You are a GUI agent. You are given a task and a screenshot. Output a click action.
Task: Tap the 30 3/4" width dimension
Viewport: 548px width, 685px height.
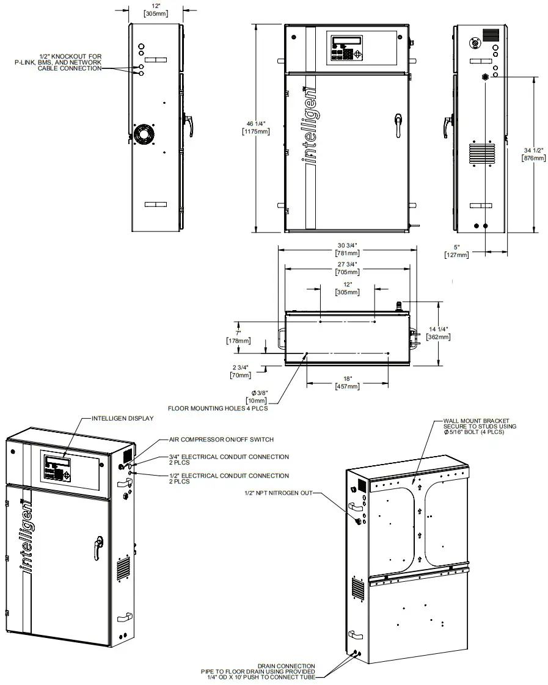pos(347,248)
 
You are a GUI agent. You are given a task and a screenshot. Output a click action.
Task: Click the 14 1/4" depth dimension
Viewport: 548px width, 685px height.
pos(438,332)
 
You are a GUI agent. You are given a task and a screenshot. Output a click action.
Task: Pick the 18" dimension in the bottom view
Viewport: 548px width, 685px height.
pos(346,382)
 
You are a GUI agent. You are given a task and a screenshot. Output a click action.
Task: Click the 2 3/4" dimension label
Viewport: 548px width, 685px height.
pos(240,371)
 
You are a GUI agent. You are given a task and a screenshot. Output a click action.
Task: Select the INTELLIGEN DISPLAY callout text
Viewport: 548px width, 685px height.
pos(122,418)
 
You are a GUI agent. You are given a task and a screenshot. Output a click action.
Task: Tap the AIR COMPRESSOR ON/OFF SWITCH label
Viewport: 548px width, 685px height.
pos(221,440)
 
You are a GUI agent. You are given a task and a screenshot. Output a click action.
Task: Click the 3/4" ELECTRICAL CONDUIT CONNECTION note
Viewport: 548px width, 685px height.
pos(228,459)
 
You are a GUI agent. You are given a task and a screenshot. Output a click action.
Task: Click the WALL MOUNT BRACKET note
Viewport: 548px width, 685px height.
pos(480,426)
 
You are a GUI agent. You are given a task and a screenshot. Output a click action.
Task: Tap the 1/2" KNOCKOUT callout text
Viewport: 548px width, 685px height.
pos(58,62)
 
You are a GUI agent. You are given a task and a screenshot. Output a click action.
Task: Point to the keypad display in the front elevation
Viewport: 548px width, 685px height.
pos(346,48)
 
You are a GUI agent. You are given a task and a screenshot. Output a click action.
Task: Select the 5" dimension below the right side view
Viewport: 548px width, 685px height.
pos(457,251)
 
